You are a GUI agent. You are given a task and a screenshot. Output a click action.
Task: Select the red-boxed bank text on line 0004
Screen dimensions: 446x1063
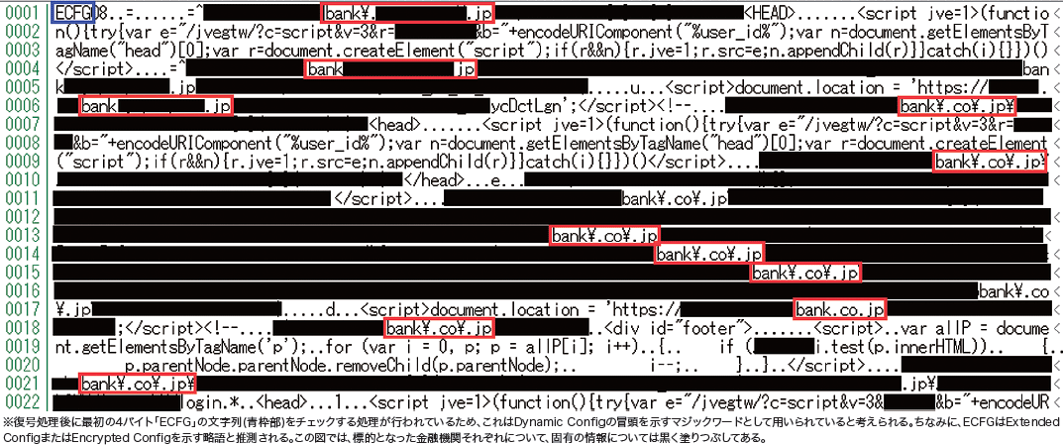tap(391, 69)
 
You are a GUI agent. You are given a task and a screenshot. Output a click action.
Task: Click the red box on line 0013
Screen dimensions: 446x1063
tap(604, 236)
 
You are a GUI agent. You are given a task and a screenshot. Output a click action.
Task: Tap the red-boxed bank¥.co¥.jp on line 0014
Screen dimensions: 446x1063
tap(708, 255)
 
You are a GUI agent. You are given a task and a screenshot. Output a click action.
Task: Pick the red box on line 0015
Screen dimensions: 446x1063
tap(804, 273)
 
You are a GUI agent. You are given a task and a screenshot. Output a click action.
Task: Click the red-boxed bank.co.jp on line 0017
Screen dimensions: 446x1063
tap(840, 310)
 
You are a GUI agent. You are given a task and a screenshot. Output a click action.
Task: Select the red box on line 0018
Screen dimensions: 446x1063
tap(439, 328)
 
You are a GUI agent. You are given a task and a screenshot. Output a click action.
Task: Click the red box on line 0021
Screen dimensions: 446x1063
tap(137, 384)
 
